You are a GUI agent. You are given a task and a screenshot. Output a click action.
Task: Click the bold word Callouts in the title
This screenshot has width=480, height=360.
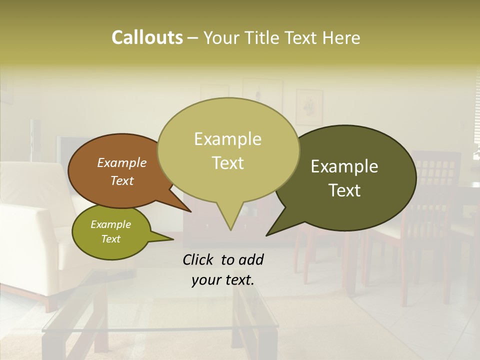(147, 37)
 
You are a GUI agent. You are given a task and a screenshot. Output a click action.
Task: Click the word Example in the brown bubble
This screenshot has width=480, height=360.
(121, 162)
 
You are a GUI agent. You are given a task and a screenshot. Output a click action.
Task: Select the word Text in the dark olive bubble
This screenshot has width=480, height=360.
(345, 190)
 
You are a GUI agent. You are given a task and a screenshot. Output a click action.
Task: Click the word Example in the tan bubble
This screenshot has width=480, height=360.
(227, 139)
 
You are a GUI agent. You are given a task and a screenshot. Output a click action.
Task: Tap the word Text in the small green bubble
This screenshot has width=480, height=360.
(110, 239)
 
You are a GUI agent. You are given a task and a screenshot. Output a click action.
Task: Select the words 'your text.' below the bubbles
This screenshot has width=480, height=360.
(223, 280)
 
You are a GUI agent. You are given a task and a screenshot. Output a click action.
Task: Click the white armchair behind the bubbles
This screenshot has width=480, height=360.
(30, 240)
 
